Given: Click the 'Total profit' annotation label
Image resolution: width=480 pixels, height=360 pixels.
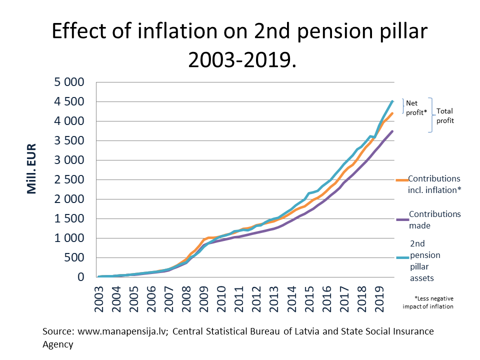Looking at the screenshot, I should tap(445, 116).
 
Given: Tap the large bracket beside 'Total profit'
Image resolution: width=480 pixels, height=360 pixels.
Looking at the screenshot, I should tap(430, 115).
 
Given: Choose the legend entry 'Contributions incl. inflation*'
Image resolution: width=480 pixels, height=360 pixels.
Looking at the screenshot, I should tap(434, 184).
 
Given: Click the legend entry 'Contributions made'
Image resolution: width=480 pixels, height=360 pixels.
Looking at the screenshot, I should tap(434, 219).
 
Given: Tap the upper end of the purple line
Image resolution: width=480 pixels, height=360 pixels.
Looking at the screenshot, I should tap(393, 131).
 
